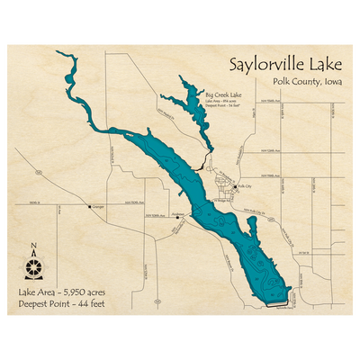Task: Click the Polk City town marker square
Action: [235, 187]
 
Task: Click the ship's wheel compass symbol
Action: [34, 267]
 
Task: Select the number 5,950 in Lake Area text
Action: [80, 293]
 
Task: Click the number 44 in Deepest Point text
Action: [88, 305]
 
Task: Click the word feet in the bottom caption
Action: [106, 305]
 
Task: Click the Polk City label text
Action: [245, 187]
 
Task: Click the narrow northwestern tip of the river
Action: [55, 53]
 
